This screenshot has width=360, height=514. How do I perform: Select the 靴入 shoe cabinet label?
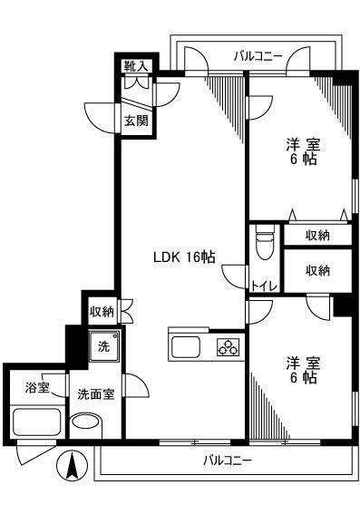click(x=136, y=65)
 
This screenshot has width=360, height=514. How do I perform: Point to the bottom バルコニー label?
click(x=227, y=460)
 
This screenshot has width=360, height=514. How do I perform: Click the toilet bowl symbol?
click(x=264, y=245)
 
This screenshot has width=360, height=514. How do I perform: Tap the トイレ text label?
click(x=264, y=286)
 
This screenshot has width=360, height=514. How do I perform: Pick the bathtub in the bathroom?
click(x=36, y=422)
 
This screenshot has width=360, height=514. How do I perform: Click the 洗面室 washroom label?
click(x=94, y=394)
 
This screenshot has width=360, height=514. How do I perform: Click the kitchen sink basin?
click(x=186, y=347)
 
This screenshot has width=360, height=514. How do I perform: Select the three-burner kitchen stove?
click(x=227, y=347)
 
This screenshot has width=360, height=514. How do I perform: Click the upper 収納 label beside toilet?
click(x=316, y=236)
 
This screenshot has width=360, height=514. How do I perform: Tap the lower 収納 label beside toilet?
click(x=316, y=270)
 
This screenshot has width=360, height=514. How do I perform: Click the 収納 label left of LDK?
click(x=102, y=311)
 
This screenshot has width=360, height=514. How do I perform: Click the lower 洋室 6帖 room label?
click(x=304, y=369)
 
